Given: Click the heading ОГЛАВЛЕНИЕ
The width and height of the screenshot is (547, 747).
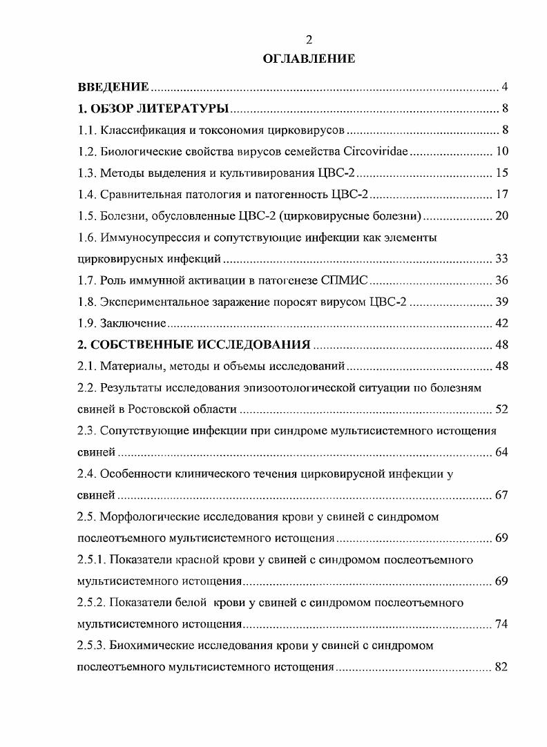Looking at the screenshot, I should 309,59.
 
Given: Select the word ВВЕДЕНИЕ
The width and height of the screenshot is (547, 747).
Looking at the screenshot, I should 113,87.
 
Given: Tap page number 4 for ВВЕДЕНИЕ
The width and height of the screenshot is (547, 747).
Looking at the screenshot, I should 505,87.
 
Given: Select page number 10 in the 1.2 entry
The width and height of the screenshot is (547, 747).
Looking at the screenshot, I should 502,151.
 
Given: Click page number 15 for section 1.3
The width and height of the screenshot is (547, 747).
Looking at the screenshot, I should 502,173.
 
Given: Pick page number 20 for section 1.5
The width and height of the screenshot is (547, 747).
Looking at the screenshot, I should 502,215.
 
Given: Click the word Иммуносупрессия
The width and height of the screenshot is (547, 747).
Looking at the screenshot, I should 146,237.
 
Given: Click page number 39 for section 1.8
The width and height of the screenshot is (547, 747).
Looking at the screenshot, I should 502,302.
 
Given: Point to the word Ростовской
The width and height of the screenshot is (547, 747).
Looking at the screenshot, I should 159,409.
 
